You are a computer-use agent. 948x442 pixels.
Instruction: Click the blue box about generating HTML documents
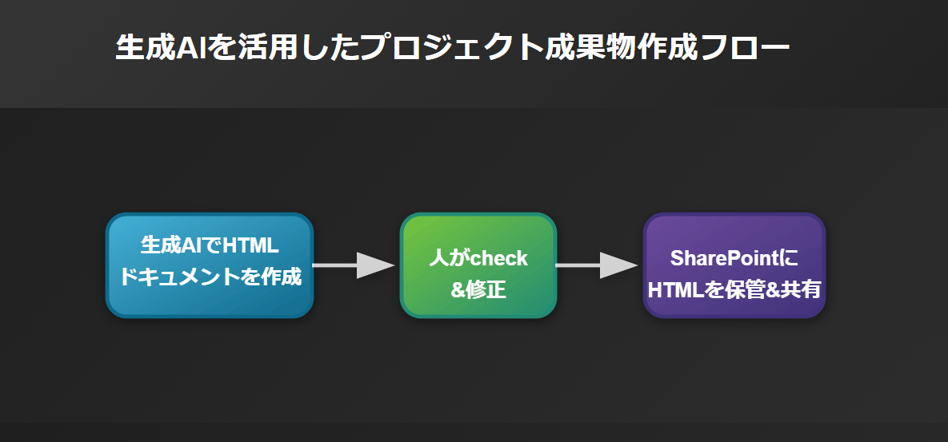click(210, 265)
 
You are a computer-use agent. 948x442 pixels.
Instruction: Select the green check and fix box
click(478, 265)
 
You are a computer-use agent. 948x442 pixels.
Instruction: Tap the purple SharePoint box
click(734, 265)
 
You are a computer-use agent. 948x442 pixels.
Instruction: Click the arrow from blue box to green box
click(354, 265)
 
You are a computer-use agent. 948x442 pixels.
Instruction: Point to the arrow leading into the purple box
click(597, 265)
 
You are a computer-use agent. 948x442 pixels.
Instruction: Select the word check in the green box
click(498, 258)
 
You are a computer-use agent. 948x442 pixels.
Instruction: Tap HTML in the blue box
click(250, 245)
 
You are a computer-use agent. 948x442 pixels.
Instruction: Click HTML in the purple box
click(676, 290)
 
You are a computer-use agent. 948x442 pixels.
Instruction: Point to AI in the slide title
click(190, 48)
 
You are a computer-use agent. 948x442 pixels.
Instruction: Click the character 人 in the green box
click(439, 258)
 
